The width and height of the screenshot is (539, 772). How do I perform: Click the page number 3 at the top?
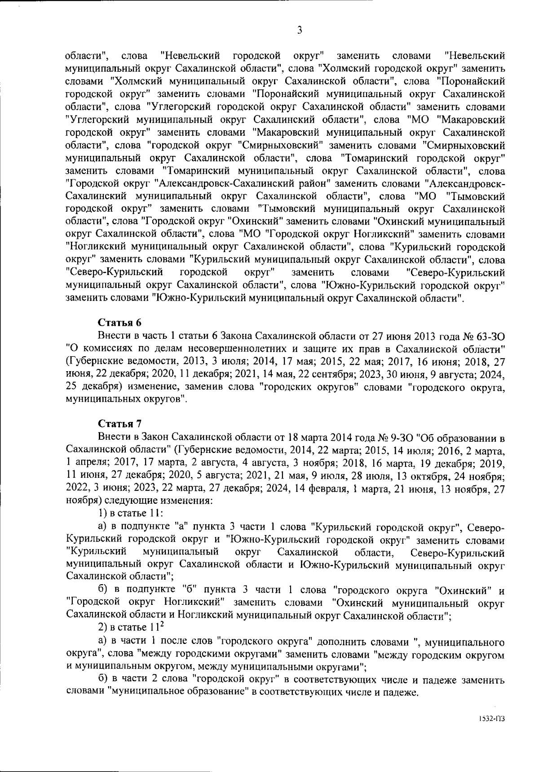(300, 31)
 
